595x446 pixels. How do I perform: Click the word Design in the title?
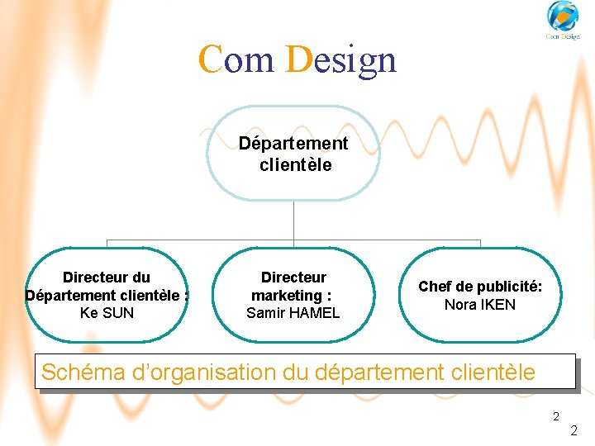[340, 59]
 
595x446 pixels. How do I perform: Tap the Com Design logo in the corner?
[563, 21]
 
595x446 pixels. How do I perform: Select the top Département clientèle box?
[294, 154]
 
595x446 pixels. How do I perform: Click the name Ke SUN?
[107, 313]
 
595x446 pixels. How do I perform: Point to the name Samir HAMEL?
[293, 313]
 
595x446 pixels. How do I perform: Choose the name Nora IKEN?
[480, 305]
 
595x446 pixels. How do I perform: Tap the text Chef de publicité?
[480, 287]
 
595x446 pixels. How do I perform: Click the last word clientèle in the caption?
[494, 372]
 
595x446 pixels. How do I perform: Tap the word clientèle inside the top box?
[295, 165]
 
